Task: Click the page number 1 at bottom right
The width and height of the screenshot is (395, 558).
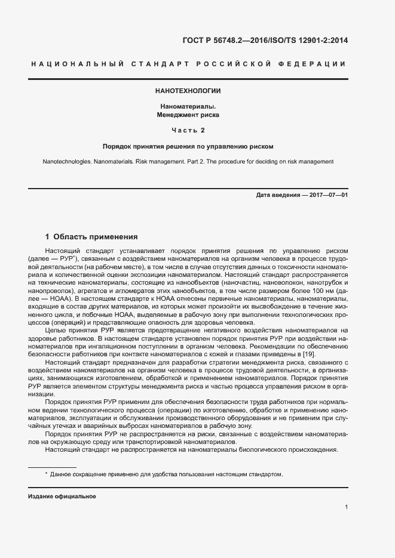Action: click(347, 507)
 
